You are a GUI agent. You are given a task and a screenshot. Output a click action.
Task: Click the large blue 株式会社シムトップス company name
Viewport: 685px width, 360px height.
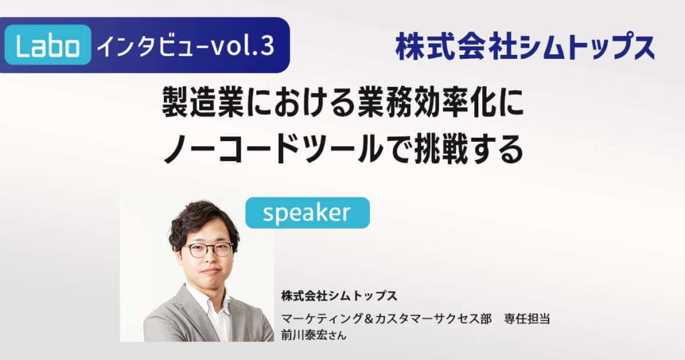[x=525, y=48]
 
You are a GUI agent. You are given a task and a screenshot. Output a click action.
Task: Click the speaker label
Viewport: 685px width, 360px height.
[x=307, y=213]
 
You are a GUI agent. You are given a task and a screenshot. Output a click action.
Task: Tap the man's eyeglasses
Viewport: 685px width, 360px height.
[x=209, y=250]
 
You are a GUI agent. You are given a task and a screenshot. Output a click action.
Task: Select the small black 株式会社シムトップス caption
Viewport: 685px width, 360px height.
[x=340, y=295]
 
